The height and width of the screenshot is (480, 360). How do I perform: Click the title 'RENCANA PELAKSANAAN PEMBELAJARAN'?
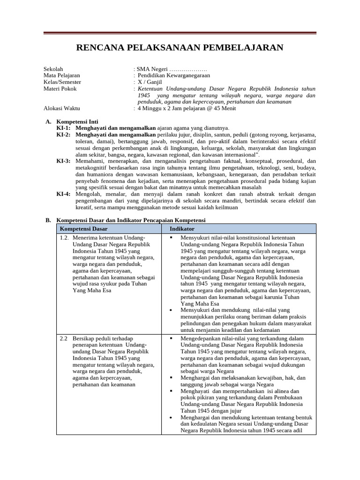(x=180, y=48)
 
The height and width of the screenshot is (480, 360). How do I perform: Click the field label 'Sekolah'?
(x=53, y=69)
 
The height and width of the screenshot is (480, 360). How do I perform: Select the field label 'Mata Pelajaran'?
(x=61, y=75)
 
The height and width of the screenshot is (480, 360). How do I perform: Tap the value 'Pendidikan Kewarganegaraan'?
(x=173, y=75)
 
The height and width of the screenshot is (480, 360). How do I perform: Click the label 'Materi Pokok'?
(x=60, y=89)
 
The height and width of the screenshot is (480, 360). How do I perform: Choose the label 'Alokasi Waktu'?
(x=61, y=108)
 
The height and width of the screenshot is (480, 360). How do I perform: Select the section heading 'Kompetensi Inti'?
(x=77, y=121)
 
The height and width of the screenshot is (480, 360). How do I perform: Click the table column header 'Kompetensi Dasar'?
(x=83, y=229)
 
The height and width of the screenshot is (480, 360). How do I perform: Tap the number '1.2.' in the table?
(x=65, y=238)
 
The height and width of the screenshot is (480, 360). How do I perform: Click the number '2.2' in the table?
(x=64, y=338)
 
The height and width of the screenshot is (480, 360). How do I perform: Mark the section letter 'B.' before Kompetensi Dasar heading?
(x=48, y=220)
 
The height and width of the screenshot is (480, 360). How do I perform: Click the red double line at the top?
(x=180, y=33)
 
